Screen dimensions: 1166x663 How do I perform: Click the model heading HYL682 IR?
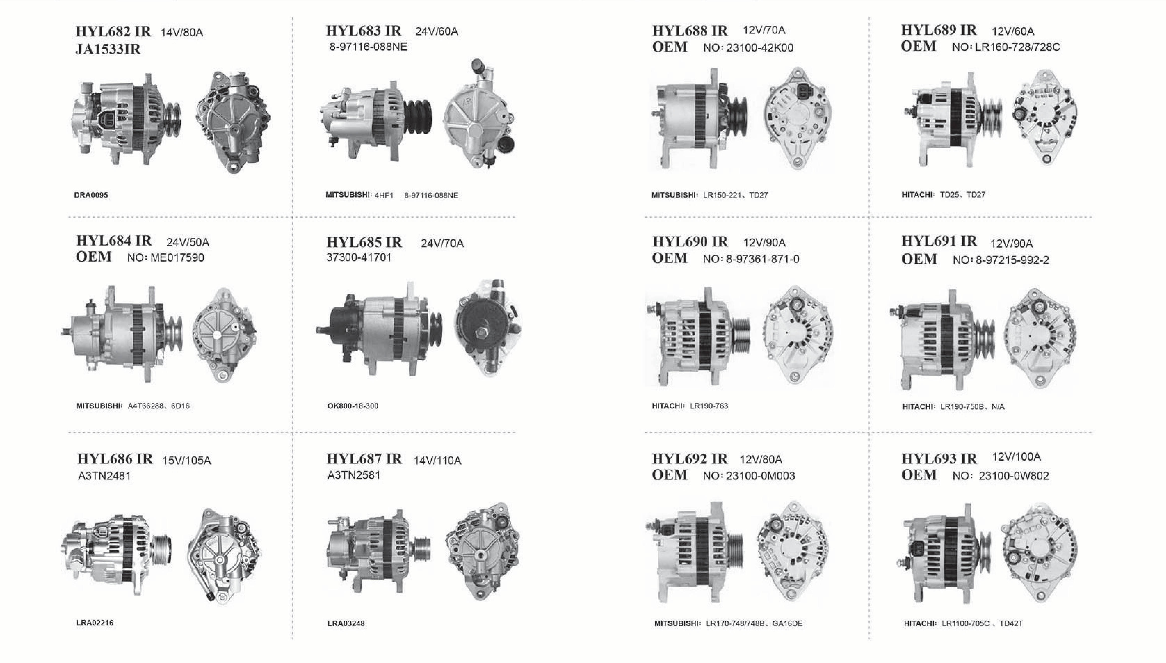[x=113, y=31]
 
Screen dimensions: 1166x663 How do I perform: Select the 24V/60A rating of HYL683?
[x=436, y=31]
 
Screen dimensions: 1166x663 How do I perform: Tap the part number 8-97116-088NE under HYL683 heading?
[x=368, y=47]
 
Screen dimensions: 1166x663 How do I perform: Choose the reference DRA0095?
[x=91, y=195]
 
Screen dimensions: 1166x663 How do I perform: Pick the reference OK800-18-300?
[x=353, y=406]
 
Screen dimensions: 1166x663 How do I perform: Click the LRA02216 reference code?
[x=95, y=622]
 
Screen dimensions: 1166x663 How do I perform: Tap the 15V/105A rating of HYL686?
[x=187, y=460]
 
